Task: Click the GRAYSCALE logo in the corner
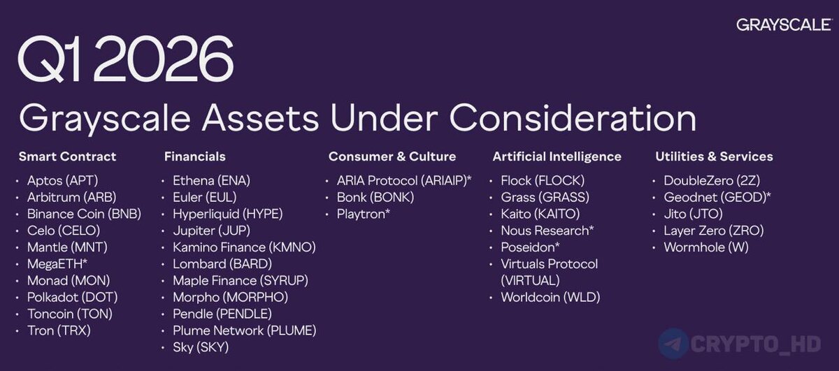pos(784,24)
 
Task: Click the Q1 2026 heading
pos(126,59)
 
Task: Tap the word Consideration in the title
pos(573,118)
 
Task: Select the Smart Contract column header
pos(67,157)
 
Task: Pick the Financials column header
pos(195,157)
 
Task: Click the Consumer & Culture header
pos(392,157)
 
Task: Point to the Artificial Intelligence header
pos(557,157)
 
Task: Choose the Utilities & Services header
pos(714,157)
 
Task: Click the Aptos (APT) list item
pos(62,181)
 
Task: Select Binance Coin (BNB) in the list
pos(85,214)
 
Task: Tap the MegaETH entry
pos(57,264)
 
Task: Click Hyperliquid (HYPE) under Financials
pos(228,214)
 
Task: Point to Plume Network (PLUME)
pos(245,331)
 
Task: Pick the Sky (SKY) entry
pos(201,347)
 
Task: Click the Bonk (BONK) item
pos(375,197)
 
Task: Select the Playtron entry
pos(364,214)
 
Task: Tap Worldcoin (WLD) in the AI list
pos(551,297)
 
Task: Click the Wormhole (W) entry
pos(706,247)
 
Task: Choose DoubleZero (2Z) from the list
pos(712,181)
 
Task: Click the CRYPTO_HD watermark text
pos(756,344)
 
